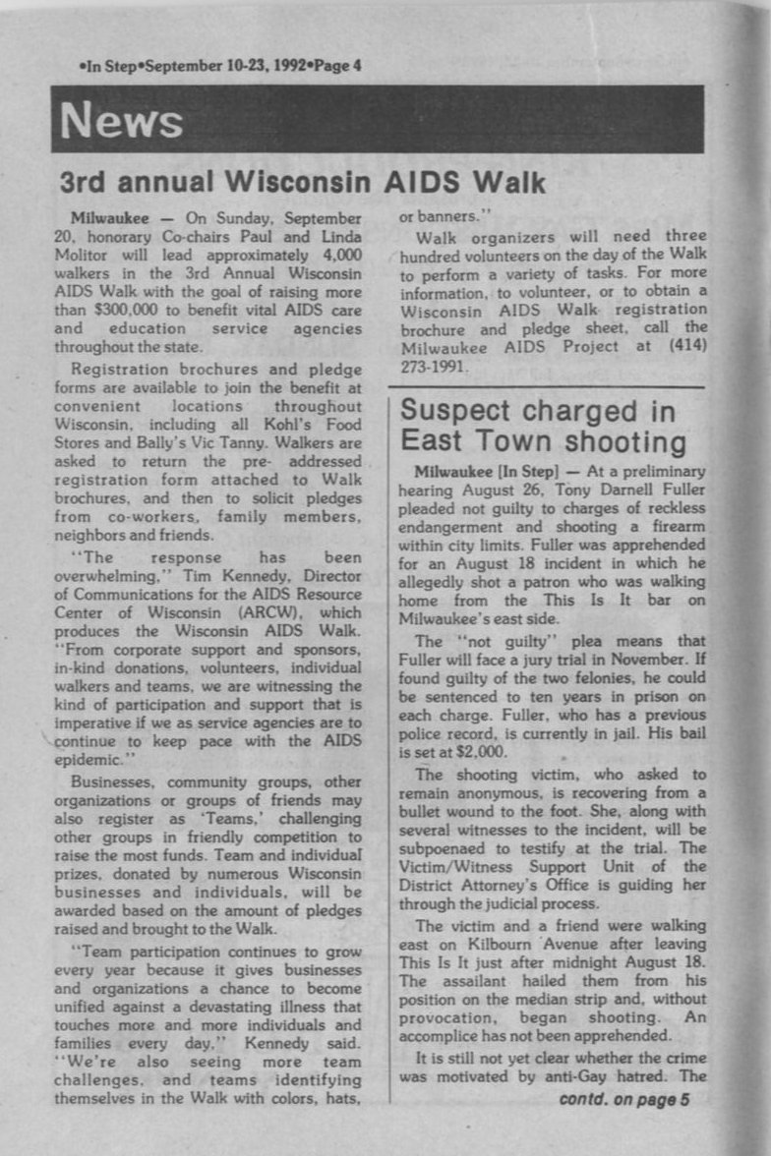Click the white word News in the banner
pos(121,121)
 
